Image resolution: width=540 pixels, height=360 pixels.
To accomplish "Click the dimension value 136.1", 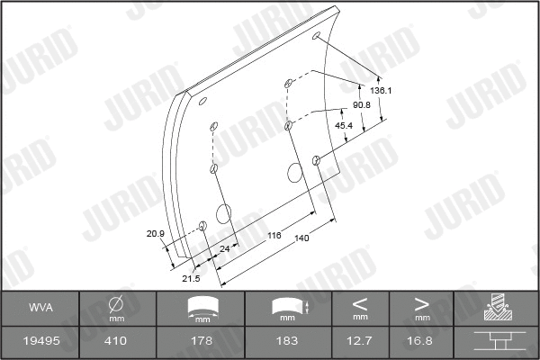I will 382,90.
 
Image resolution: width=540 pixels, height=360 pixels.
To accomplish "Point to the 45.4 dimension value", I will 343,125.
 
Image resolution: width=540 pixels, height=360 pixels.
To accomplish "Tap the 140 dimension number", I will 301,238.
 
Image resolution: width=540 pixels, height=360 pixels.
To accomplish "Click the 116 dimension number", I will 274,235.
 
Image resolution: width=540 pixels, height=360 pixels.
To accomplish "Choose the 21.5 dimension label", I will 190,279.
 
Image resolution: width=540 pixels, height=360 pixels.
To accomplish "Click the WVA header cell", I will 40,308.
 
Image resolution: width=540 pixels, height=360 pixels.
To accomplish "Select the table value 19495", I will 40,341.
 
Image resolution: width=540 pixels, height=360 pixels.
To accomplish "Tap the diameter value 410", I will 115,341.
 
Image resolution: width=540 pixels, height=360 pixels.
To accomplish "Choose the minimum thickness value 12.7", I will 360,341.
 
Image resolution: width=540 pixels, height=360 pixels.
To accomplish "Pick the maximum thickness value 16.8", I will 421,341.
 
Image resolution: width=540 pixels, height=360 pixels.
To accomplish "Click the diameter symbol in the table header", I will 115,303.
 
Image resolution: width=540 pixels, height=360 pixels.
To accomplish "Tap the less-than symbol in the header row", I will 360,303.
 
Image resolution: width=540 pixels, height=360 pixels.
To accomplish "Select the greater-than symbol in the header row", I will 421,303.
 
